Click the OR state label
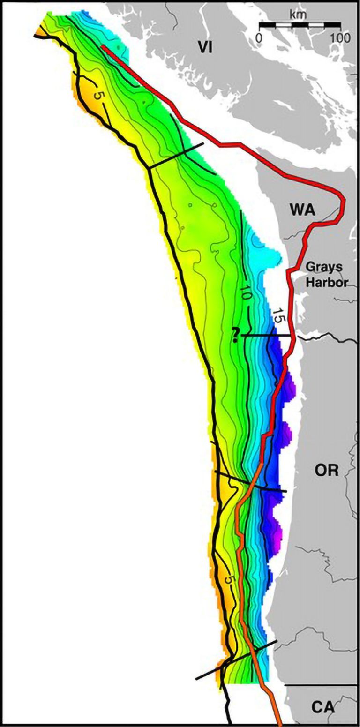[x=327, y=471]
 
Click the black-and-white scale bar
[x=300, y=24]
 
